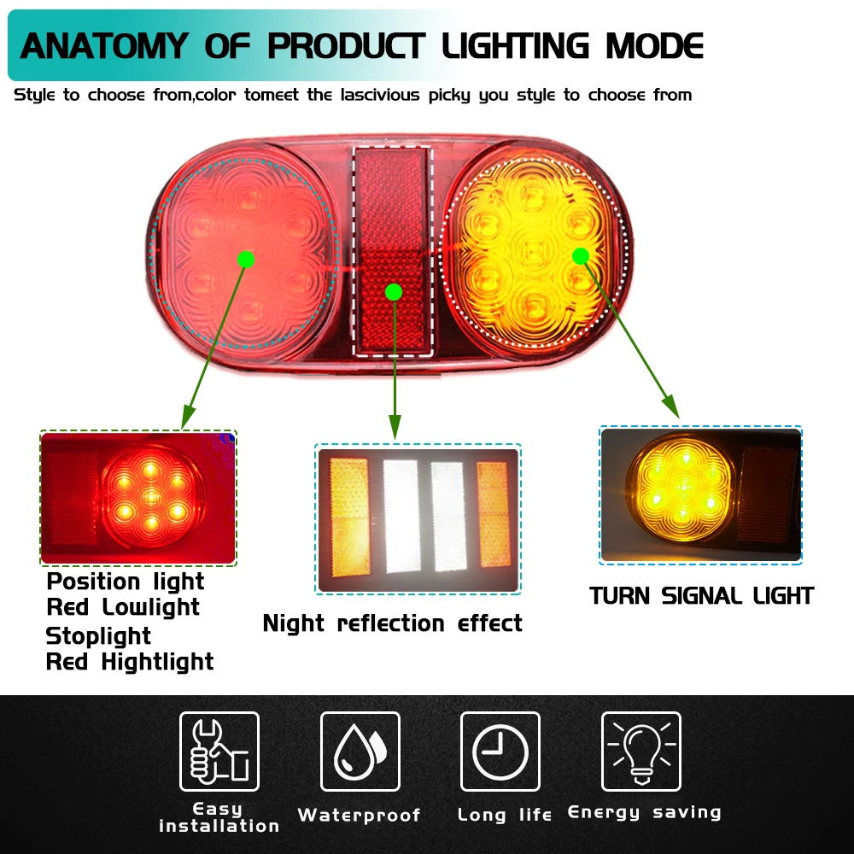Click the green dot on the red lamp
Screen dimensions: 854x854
246,258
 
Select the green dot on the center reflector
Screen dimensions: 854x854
394,292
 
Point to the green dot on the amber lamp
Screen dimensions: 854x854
581,255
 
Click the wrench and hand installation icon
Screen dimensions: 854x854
219,751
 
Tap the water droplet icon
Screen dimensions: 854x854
360,751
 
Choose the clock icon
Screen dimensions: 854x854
500,751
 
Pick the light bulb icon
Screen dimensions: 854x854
640,751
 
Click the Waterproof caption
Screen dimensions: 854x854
360,816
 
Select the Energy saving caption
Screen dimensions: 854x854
644,812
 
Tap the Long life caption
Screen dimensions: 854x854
505,815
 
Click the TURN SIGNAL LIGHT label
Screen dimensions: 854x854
701,595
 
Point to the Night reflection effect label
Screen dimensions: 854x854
392,623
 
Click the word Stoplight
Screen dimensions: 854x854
98,636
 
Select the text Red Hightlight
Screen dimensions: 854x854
130,662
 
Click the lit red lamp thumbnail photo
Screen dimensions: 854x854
138,498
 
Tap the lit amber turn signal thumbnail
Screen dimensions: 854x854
700,494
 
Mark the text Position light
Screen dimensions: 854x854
126,582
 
